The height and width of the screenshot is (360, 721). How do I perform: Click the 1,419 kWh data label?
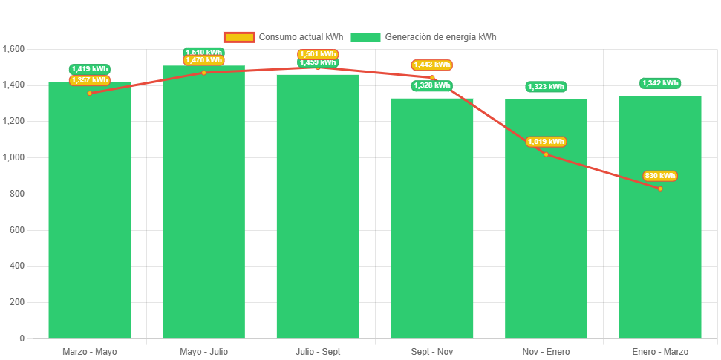tap(90, 69)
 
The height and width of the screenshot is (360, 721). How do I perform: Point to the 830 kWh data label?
tap(660, 176)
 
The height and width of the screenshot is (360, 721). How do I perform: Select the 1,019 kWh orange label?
tap(546, 142)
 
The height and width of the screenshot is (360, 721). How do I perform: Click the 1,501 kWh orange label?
tap(318, 54)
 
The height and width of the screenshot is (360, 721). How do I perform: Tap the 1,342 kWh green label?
tap(660, 83)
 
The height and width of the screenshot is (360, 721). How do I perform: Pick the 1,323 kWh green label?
tap(546, 87)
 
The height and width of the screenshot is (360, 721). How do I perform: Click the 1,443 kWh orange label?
tap(432, 65)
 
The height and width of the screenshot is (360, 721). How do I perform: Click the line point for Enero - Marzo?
tap(660, 189)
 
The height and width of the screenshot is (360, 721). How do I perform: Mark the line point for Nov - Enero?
tap(546, 154)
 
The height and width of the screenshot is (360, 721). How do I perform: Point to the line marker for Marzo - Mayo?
tap(90, 93)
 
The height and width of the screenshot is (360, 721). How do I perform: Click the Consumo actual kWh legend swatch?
tap(239, 37)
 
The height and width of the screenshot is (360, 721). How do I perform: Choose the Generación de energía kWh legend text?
tap(440, 37)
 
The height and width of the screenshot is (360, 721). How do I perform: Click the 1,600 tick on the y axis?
tap(14, 49)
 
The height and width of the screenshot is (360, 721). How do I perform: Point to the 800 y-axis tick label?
tap(17, 194)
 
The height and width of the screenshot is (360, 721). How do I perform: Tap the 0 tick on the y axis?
tap(22, 338)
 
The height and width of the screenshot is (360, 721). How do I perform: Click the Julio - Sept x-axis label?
tap(318, 351)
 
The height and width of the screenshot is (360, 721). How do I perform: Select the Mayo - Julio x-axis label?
tap(203, 351)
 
